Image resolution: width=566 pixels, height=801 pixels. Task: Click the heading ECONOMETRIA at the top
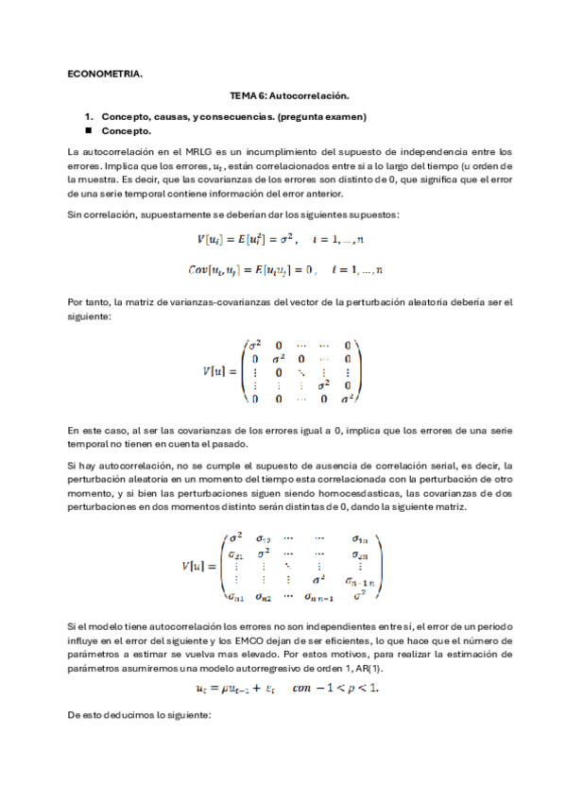pos(105,73)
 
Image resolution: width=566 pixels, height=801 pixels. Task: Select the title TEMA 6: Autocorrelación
pos(290,96)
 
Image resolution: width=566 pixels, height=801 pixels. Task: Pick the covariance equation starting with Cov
pos(285,270)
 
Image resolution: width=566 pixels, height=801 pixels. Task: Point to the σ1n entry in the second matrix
pos(359,538)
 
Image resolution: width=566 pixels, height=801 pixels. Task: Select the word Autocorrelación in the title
pos(317,96)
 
